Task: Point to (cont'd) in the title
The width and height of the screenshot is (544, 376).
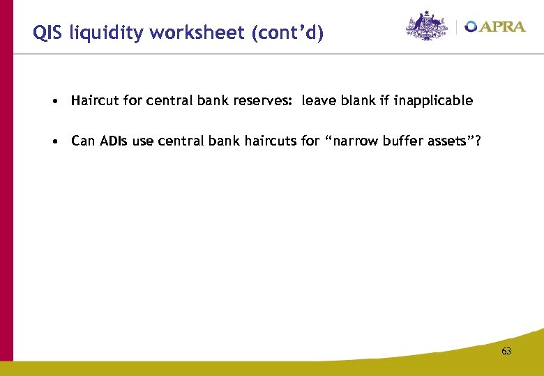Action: pos(296,33)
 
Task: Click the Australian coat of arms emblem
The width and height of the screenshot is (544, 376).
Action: pos(428,26)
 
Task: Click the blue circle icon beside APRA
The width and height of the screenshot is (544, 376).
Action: pos(471,26)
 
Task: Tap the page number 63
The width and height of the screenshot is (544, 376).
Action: pos(506,352)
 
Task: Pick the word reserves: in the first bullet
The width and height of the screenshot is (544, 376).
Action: pos(268,101)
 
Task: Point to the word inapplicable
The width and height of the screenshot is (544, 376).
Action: pos(433,101)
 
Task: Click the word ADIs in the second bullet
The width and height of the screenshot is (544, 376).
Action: pos(113,142)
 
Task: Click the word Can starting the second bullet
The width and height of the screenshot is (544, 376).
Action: pos(83,142)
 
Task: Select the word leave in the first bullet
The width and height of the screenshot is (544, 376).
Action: pos(317,101)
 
